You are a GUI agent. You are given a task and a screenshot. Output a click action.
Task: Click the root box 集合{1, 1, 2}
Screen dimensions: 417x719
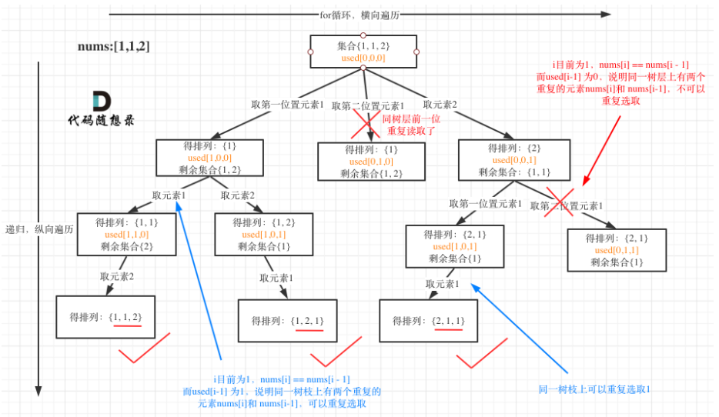point(363,51)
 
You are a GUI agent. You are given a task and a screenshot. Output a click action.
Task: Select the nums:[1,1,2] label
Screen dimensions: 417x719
point(114,46)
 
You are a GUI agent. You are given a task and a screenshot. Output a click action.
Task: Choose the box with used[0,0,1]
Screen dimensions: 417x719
point(513,159)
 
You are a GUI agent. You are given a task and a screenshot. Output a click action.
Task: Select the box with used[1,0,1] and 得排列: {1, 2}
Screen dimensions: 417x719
point(264,234)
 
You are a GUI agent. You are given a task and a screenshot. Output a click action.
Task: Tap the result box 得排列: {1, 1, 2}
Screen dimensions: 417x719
point(105,317)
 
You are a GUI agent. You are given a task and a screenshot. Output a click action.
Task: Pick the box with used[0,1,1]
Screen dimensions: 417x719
point(617,251)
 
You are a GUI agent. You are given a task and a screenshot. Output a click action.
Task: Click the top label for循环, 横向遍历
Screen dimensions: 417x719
point(359,14)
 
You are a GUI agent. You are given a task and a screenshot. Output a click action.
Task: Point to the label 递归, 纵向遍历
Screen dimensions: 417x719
point(39,229)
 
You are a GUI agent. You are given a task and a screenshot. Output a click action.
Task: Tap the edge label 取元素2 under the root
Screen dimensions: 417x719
point(440,105)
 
